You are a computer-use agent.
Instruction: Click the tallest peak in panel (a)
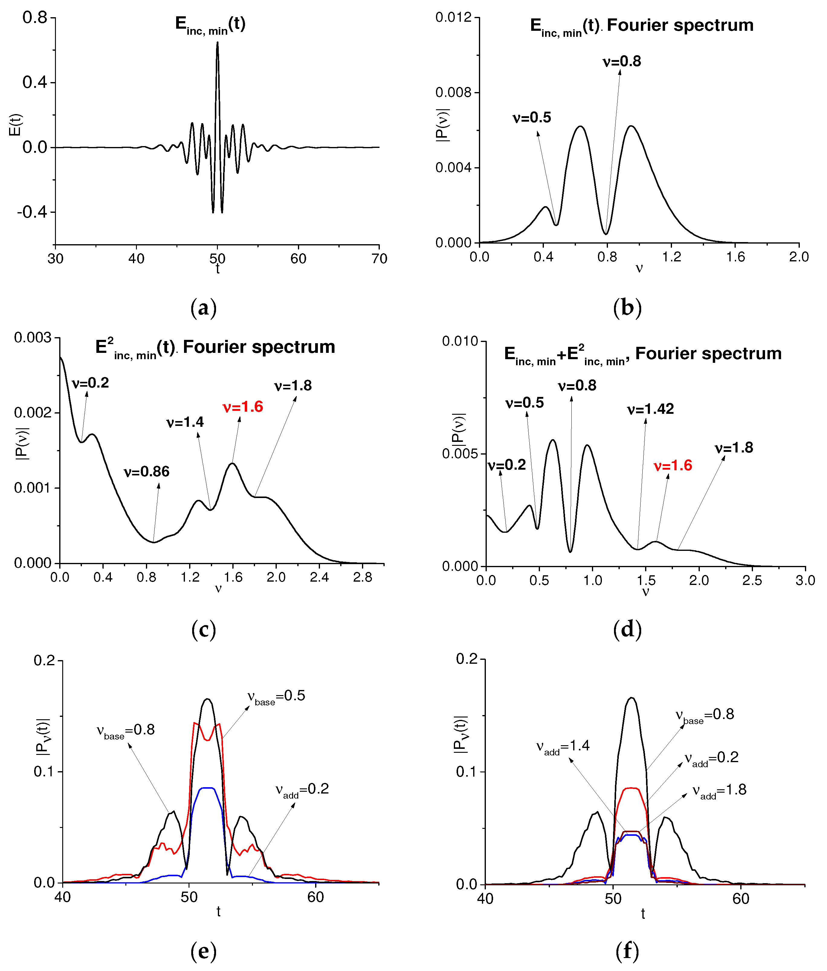(218, 43)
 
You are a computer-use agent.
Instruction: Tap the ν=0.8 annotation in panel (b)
(622, 61)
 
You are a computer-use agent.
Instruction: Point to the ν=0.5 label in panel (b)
(532, 118)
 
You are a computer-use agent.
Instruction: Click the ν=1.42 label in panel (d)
(650, 409)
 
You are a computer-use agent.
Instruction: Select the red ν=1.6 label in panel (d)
(673, 466)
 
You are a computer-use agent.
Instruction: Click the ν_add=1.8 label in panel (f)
(719, 790)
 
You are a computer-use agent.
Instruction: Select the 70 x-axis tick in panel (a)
(379, 259)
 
